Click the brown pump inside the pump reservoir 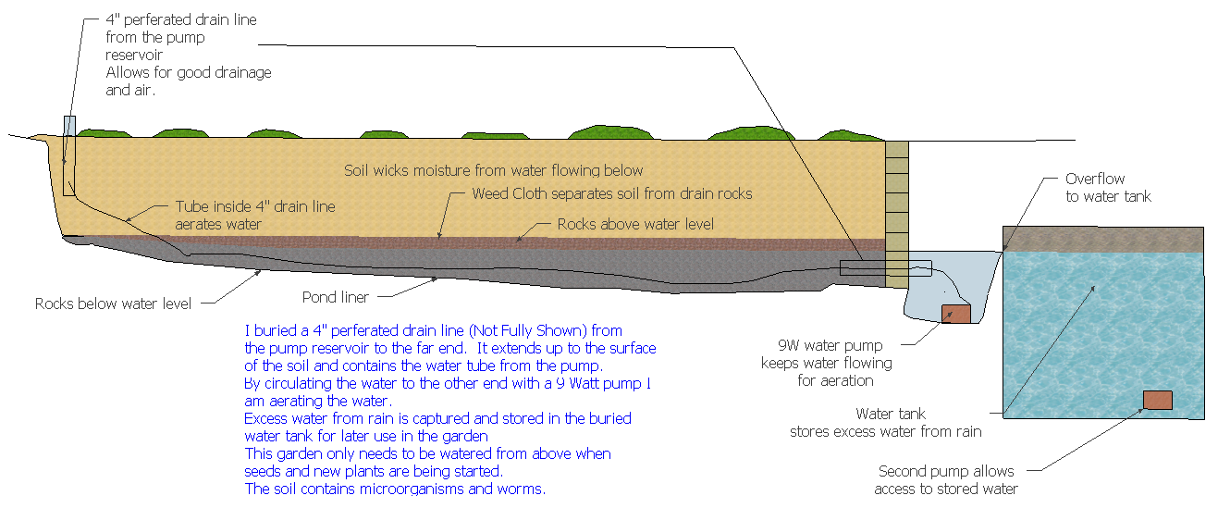click(955, 314)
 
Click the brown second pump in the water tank click(1157, 400)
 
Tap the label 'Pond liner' click(336, 298)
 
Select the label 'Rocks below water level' click(114, 304)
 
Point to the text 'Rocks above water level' click(635, 224)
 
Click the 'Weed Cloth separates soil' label click(611, 193)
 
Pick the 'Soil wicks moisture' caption click(493, 170)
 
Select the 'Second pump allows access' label click(947, 480)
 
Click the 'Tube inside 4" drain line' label click(255, 215)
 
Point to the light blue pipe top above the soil click(69, 125)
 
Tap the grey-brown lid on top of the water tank click(1103, 239)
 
